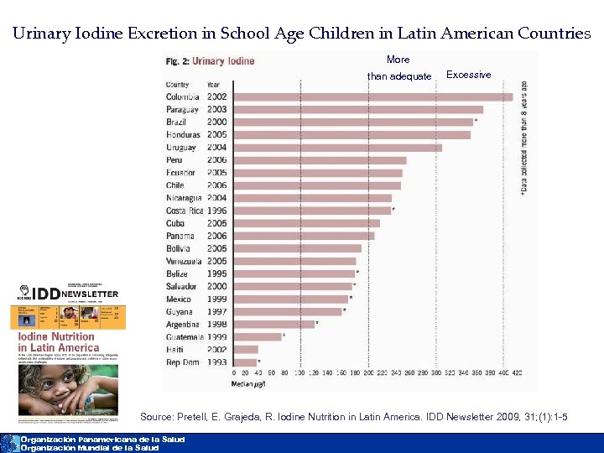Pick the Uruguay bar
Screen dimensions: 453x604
click(336, 148)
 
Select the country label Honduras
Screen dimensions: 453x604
click(183, 135)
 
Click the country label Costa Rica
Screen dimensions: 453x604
click(184, 211)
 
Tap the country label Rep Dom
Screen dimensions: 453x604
click(182, 362)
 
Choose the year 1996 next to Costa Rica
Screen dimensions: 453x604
click(216, 211)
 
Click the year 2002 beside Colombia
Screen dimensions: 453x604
click(216, 97)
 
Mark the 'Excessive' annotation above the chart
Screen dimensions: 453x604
click(468, 75)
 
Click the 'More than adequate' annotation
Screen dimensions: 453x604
click(398, 68)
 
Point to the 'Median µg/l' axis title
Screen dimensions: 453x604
click(248, 384)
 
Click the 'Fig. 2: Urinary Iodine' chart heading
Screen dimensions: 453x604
click(210, 61)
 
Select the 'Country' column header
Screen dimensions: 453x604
click(178, 85)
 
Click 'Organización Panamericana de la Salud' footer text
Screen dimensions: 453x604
click(102, 440)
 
